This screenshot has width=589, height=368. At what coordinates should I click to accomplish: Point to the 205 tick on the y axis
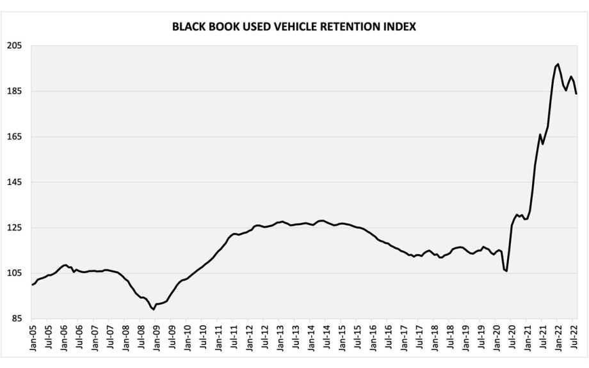pyautogui.click(x=15, y=46)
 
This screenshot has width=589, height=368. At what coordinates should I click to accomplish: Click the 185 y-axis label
pyautogui.click(x=15, y=92)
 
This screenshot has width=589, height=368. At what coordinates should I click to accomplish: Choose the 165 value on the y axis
pyautogui.click(x=15, y=137)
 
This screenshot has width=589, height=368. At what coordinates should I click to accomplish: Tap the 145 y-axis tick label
pyautogui.click(x=15, y=182)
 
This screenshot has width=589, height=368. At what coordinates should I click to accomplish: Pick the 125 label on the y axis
pyautogui.click(x=15, y=228)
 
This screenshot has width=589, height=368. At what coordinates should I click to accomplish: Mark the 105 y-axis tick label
pyautogui.click(x=15, y=273)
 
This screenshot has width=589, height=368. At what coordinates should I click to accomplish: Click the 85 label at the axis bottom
pyautogui.click(x=17, y=319)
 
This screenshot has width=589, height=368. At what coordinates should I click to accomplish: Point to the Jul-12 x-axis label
pyautogui.click(x=264, y=337)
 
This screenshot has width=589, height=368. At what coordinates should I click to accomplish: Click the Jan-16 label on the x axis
pyautogui.click(x=373, y=337)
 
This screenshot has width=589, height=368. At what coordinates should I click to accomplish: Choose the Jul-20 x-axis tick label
pyautogui.click(x=513, y=337)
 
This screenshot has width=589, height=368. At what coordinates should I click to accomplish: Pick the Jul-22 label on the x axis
pyautogui.click(x=575, y=337)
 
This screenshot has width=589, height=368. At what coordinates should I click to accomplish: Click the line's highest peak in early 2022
pyautogui.click(x=558, y=64)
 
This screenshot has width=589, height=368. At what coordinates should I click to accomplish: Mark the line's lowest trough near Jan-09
pyautogui.click(x=154, y=309)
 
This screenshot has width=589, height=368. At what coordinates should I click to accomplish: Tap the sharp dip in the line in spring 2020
pyautogui.click(x=506, y=271)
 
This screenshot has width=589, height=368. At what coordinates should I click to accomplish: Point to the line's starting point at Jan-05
pyautogui.click(x=32, y=284)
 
